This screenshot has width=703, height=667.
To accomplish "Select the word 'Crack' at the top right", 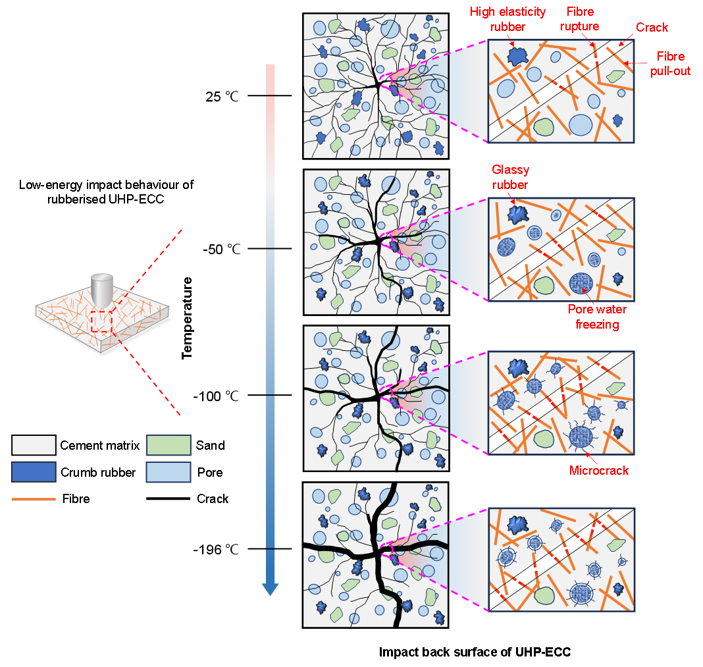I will pos(652,27).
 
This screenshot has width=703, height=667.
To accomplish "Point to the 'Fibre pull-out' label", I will pos(670,64).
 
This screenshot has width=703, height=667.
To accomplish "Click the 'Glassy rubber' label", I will pos(510,177).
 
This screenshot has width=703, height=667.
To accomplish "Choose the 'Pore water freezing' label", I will pos(597,317).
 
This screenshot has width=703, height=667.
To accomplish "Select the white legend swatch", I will pos(34,445).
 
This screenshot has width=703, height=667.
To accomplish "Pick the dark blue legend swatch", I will pos(34,471).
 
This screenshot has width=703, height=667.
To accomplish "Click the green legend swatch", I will pos(169,445).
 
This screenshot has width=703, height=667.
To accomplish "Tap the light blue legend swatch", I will pos(169,471).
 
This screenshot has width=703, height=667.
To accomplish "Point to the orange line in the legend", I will pos(34,499).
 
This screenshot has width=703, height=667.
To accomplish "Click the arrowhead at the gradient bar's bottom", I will pos(271,589).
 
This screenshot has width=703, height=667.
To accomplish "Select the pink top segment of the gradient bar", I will pos(271,79).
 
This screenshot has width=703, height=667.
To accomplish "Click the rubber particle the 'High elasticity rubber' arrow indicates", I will pos(518,56).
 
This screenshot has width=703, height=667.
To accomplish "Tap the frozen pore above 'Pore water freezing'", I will pos(581,282).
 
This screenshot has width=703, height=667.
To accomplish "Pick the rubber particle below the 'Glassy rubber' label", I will pos(518,213).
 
